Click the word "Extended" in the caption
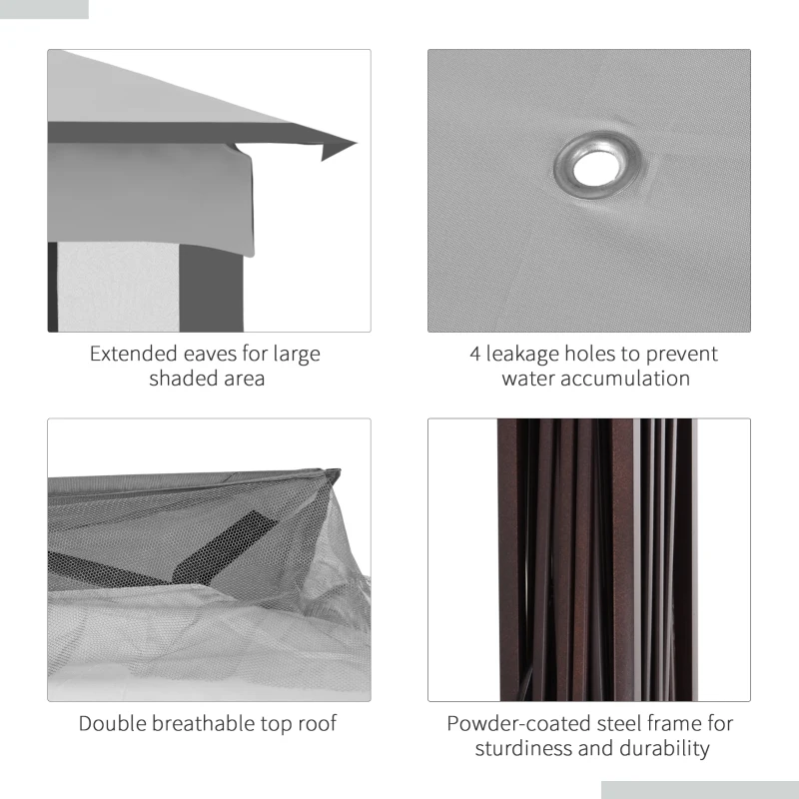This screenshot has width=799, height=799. point(131,354)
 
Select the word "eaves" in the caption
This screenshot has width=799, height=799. point(206,354)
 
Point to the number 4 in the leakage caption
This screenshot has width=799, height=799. point(475,354)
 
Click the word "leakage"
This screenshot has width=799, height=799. point(526,354)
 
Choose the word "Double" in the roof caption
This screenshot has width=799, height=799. point(114,723)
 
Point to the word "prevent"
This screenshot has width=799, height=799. point(679,354)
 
